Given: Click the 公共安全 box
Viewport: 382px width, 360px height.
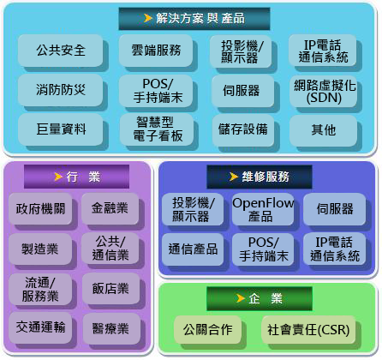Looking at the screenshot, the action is click(60, 51).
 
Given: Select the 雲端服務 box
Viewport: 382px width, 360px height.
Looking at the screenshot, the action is click(156, 51).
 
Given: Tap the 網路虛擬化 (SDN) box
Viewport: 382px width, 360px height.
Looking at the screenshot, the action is click(323, 91).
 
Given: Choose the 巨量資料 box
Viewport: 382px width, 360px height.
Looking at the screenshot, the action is click(60, 129).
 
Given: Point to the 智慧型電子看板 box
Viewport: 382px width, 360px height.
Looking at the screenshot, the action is click(157, 129).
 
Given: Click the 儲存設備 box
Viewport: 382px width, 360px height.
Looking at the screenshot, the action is click(243, 130).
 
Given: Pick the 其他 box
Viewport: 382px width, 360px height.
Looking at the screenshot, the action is click(323, 130).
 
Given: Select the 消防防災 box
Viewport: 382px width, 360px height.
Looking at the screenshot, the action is click(60, 90).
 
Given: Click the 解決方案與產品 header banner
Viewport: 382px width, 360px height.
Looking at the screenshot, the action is click(194, 19).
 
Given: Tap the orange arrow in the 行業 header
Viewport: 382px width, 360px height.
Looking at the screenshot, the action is click(58, 177).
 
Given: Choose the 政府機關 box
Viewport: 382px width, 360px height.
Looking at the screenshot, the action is click(40, 208).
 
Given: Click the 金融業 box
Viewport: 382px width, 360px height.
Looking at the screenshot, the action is click(110, 208).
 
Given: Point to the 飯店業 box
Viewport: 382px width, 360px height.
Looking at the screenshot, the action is click(110, 289).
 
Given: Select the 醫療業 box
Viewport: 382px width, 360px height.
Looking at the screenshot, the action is click(111, 328).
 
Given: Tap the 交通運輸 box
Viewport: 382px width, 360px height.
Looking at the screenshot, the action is click(40, 327).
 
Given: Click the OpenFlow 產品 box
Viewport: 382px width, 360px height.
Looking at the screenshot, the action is click(263, 209).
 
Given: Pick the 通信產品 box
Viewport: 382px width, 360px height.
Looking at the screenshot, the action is click(193, 249).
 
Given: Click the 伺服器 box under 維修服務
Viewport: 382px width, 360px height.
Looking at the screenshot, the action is click(334, 209).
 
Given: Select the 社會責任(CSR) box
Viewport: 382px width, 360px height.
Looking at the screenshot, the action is click(308, 330).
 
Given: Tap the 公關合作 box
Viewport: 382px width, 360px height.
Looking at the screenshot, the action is click(207, 330).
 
